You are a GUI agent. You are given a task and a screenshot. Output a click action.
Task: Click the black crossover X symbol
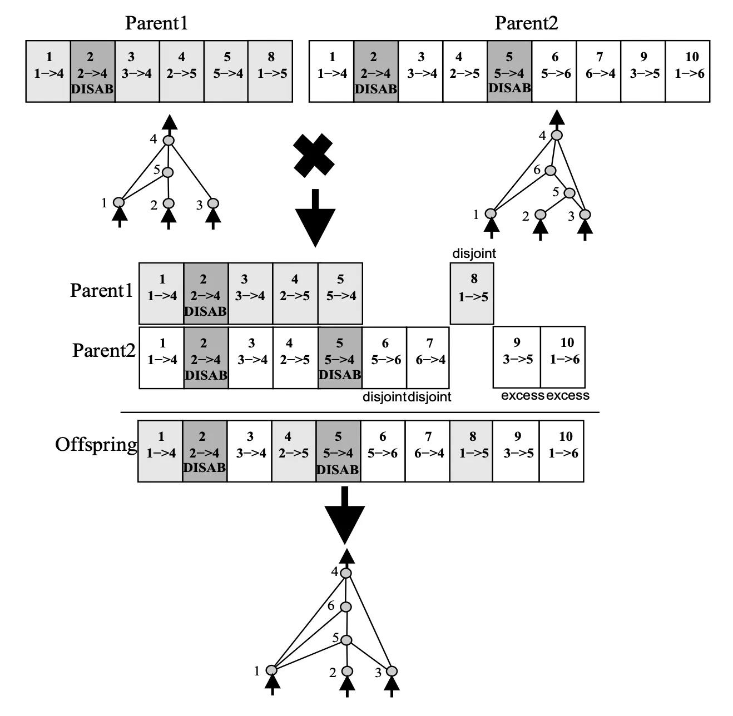(x=314, y=155)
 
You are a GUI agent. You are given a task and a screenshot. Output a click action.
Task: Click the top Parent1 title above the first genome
(x=156, y=23)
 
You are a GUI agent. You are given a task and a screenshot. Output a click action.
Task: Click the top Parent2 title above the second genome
(x=526, y=23)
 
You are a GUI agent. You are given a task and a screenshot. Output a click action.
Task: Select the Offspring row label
(x=96, y=445)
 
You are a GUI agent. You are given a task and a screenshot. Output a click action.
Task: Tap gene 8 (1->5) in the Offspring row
(x=472, y=450)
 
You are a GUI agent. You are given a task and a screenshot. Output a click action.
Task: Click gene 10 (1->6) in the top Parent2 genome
(x=689, y=71)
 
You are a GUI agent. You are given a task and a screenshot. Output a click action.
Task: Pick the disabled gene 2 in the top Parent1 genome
(x=92, y=71)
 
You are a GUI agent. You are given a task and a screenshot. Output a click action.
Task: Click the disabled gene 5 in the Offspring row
(x=338, y=450)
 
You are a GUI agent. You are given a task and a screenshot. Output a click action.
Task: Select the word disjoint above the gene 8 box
(x=474, y=253)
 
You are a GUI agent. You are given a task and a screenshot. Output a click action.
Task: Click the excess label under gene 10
(x=567, y=395)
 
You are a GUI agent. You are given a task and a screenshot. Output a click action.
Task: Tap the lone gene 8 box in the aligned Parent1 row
(x=472, y=294)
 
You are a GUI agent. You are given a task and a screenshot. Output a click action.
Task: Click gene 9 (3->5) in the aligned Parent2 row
(x=517, y=357)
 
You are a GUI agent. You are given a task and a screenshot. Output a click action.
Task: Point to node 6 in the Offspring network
(x=346, y=607)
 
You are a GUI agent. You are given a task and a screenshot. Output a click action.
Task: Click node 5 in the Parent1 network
(x=168, y=172)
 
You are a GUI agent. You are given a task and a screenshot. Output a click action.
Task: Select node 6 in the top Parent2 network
(x=550, y=170)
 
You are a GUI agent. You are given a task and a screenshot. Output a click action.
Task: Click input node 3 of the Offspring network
(x=392, y=672)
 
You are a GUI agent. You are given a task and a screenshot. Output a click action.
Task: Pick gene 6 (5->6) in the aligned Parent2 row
(x=385, y=357)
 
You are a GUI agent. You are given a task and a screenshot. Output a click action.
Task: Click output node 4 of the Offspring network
(x=346, y=573)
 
